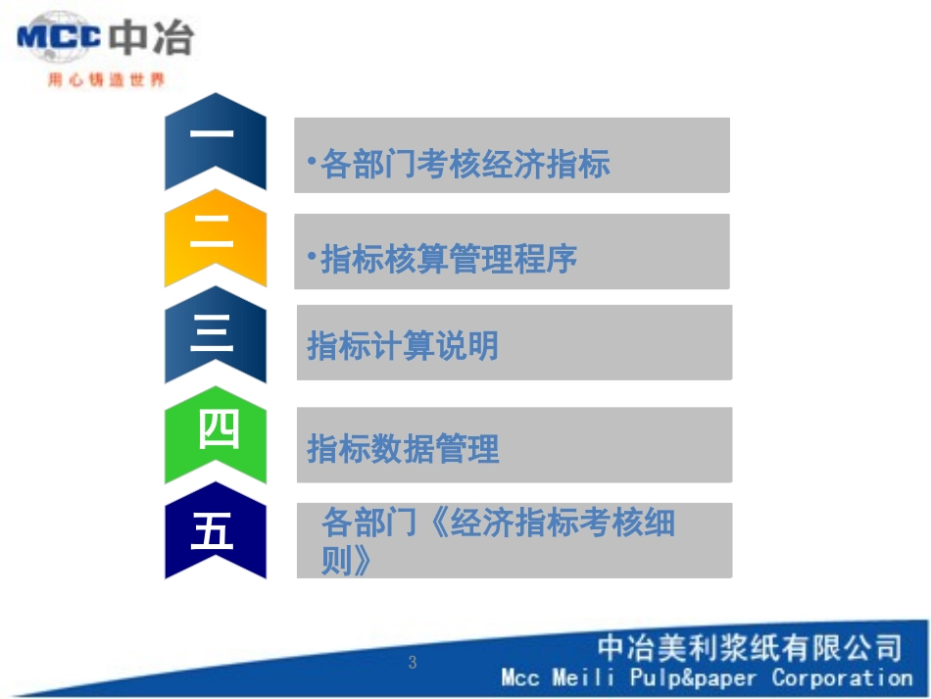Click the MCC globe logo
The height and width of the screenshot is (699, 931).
[x=59, y=37]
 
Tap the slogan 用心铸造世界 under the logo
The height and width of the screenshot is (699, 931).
[x=106, y=80]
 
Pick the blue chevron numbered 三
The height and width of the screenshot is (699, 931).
[x=215, y=334]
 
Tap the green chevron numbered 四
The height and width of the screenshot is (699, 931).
[x=217, y=432]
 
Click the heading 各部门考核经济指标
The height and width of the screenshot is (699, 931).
[x=465, y=165]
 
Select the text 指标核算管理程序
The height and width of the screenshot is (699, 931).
[x=449, y=260]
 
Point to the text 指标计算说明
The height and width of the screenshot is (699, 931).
[x=403, y=346]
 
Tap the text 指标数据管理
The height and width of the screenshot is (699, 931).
[x=403, y=449]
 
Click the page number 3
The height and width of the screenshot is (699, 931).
[x=413, y=663]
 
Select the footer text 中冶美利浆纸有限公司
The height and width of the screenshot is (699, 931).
[x=750, y=648]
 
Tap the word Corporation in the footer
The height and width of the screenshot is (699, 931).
[x=842, y=677]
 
